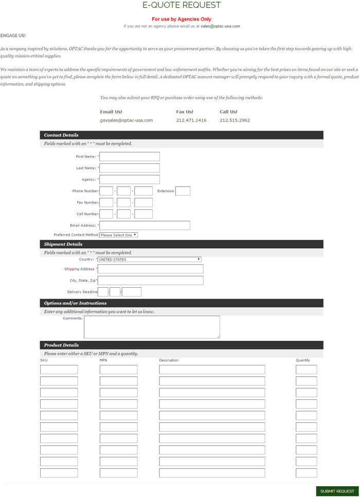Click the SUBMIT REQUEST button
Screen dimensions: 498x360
(337, 491)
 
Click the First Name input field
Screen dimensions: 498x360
(130, 157)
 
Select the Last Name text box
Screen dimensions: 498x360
(130, 168)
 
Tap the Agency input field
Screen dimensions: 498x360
(130, 179)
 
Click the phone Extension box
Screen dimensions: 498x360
(183, 191)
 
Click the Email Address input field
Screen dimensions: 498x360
(145, 225)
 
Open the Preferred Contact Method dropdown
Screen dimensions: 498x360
(119, 235)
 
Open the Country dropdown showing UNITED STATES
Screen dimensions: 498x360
(149, 260)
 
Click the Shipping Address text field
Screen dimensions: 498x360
(151, 269)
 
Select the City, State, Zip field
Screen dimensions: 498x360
(151, 280)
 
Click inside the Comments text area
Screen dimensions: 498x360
(152, 327)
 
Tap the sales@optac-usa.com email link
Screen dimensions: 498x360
(220, 26)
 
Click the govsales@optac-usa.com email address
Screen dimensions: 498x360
(126, 120)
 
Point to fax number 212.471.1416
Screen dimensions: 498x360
(191, 120)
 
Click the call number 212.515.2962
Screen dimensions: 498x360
(235, 120)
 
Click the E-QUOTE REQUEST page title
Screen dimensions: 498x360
(182, 6)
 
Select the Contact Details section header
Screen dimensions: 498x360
(61, 135)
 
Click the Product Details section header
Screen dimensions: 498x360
(61, 345)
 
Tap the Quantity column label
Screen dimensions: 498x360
(303, 360)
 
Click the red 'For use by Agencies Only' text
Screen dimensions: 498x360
(182, 19)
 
